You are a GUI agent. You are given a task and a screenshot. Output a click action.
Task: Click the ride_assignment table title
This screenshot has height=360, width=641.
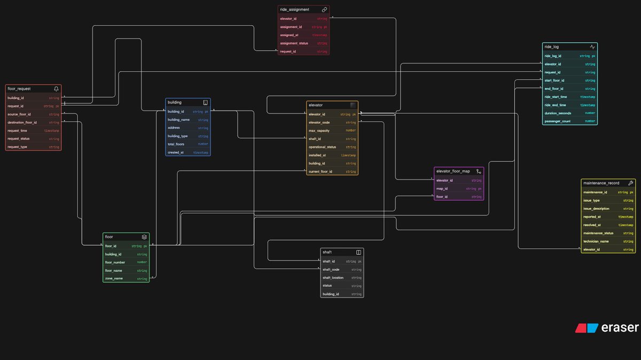[x=294, y=10]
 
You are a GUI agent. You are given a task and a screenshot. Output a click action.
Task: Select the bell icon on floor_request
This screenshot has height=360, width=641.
[x=56, y=89]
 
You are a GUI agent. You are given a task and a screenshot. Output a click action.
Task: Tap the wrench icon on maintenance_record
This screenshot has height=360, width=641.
[x=630, y=183]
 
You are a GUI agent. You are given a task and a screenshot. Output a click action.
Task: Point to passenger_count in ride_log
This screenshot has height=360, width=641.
[x=558, y=121]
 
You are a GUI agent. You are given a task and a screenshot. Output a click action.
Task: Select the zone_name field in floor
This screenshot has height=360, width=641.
[x=114, y=279]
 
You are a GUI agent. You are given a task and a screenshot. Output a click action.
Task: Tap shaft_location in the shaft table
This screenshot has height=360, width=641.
[x=333, y=278]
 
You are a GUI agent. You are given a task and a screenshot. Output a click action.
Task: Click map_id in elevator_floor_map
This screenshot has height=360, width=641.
[x=442, y=189]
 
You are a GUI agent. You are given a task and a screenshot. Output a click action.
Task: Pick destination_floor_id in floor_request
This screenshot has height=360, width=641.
[x=22, y=122]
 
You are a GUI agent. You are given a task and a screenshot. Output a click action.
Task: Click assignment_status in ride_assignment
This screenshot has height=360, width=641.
[x=294, y=43]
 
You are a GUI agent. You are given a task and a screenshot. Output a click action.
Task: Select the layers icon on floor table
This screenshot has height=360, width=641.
[x=144, y=237]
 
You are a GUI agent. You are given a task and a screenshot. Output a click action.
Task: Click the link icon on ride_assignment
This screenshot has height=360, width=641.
[x=324, y=10]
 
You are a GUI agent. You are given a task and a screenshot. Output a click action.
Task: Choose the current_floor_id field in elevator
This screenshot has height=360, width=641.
[x=320, y=171]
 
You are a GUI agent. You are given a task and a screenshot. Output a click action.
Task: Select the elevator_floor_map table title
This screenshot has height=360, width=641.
[x=453, y=171]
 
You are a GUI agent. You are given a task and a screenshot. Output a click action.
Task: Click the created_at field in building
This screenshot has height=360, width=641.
[x=175, y=152]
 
